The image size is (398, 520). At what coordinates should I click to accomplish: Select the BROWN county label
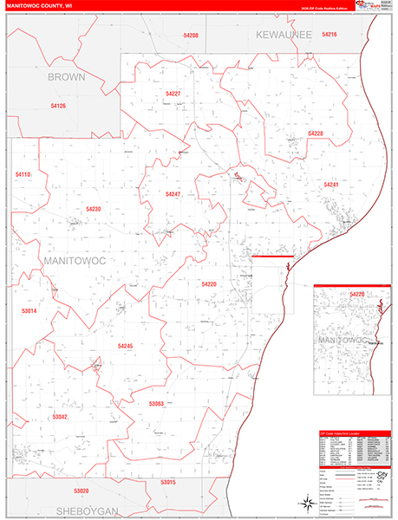[66, 76]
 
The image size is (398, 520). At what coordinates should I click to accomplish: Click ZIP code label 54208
[191, 36]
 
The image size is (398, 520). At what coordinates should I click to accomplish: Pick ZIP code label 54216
[329, 34]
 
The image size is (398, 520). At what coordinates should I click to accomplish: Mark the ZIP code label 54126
[58, 105]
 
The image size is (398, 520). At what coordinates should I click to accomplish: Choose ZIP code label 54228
[316, 133]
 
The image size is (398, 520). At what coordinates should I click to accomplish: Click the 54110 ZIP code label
[23, 174]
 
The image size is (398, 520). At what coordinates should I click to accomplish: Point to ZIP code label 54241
[331, 185]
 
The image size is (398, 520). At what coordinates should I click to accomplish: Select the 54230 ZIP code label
[94, 209]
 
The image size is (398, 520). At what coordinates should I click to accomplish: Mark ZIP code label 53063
[156, 403]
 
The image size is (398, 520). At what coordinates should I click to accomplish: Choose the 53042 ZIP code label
[60, 417]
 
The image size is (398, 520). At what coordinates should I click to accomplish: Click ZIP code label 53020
[82, 491]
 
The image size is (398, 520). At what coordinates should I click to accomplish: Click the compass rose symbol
[306, 501]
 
